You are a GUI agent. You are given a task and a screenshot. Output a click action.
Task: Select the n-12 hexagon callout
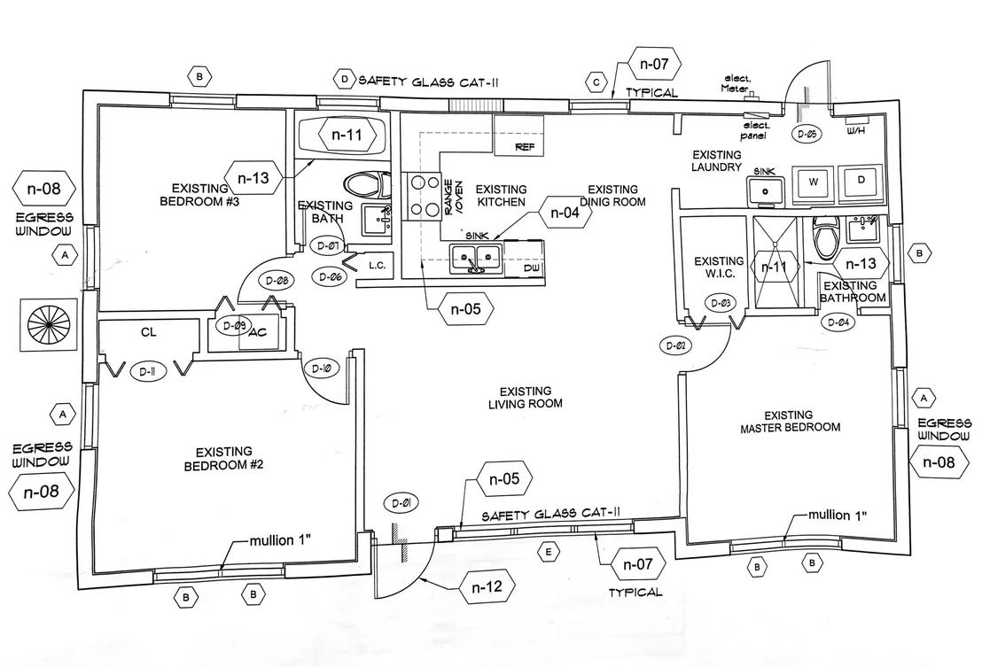pyautogui.click(x=487, y=586)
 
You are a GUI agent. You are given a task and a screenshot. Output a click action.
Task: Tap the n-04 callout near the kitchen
pyautogui.click(x=565, y=213)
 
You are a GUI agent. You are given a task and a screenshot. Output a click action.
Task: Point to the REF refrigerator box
pyautogui.click(x=518, y=135)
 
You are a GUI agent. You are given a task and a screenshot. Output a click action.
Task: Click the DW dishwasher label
pyautogui.click(x=534, y=268)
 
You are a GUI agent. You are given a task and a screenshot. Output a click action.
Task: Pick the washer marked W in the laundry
pyautogui.click(x=813, y=182)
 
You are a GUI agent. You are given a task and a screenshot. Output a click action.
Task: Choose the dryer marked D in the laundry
pyautogui.click(x=861, y=180)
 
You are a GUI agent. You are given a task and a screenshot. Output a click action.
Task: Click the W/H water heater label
pyautogui.click(x=855, y=131)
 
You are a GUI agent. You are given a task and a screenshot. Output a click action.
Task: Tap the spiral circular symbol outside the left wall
pyautogui.click(x=48, y=324)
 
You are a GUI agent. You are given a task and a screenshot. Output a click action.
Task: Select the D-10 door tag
pyautogui.click(x=322, y=368)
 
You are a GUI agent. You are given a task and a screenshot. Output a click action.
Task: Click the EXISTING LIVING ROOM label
pyautogui.click(x=526, y=398)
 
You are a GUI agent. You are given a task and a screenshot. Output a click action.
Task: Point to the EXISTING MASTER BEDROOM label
pyautogui.click(x=790, y=421)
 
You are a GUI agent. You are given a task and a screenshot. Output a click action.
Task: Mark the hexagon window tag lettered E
pyautogui.click(x=549, y=553)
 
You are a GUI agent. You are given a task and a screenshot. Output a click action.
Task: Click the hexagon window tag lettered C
pyautogui.click(x=596, y=82)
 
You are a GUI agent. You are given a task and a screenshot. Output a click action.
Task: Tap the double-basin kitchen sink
pyautogui.click(x=475, y=259)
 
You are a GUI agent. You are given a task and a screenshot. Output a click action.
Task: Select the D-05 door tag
pyautogui.click(x=807, y=133)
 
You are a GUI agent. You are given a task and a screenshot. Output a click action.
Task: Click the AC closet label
pyautogui.click(x=258, y=332)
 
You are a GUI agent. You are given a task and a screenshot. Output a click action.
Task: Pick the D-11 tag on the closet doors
pyautogui.click(x=147, y=372)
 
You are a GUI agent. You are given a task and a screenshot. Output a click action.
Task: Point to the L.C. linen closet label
pyautogui.click(x=377, y=266)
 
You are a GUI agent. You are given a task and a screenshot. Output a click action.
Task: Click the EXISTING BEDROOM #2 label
pyautogui.click(x=223, y=459)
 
